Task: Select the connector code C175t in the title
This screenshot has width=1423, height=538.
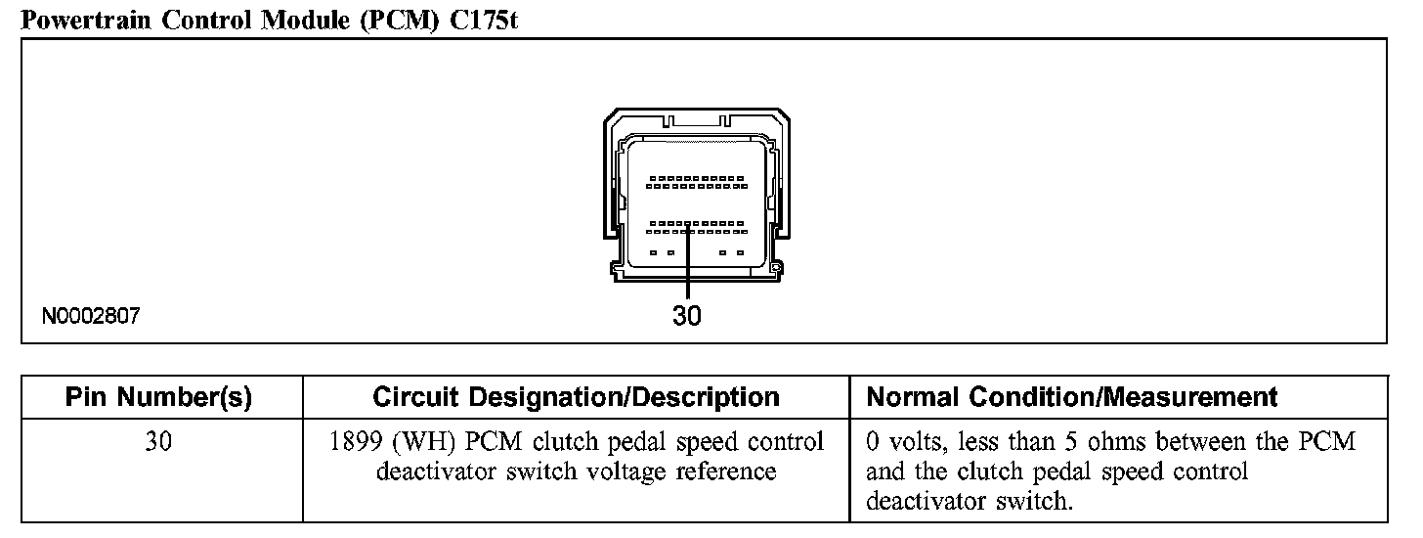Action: pyautogui.click(x=481, y=19)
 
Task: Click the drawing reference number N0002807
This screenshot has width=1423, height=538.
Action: pyautogui.click(x=92, y=316)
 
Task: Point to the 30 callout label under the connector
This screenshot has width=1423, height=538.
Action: pyautogui.click(x=687, y=316)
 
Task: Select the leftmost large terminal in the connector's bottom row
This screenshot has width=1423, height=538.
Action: pyautogui.click(x=652, y=252)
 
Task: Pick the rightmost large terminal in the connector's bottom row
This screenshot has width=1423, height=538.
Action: pyautogui.click(x=740, y=252)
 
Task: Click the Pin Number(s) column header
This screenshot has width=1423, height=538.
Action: pyautogui.click(x=158, y=397)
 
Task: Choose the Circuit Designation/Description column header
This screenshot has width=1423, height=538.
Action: pyautogui.click(x=577, y=397)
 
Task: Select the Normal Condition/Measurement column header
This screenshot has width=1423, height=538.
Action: pyautogui.click(x=1072, y=397)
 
